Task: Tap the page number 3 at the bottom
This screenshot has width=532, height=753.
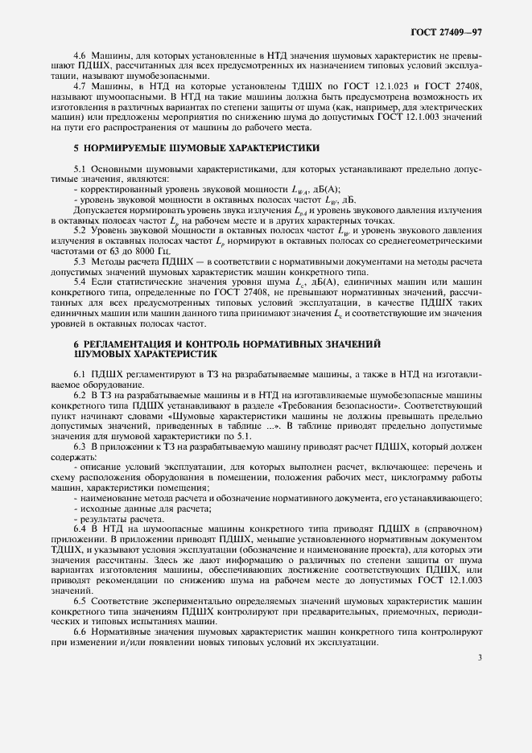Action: point(480,657)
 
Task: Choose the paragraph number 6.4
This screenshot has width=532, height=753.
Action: point(79,528)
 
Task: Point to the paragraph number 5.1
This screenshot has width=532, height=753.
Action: point(79,168)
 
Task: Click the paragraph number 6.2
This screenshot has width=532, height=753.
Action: point(79,397)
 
